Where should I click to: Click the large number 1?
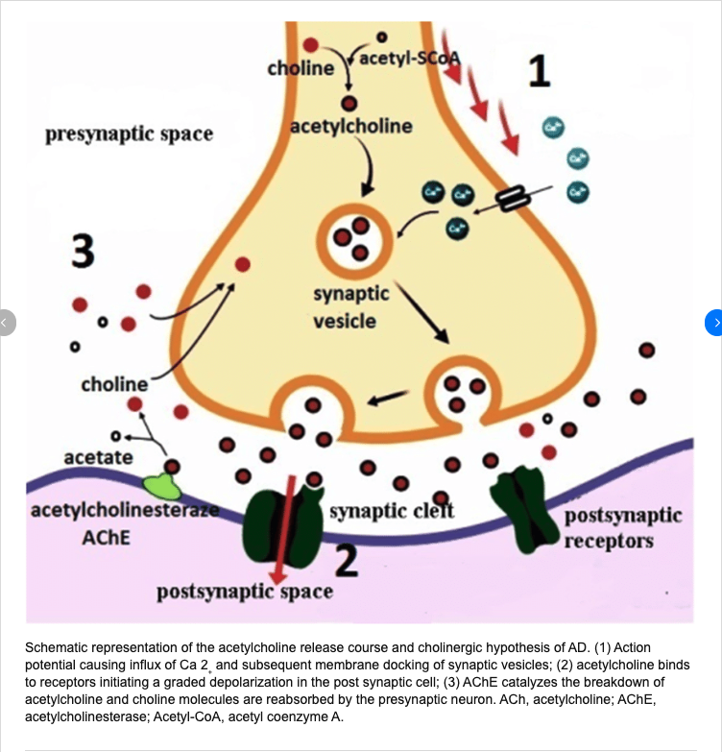tap(540, 71)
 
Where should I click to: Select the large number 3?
tap(84, 253)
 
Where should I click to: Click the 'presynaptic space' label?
tap(129, 133)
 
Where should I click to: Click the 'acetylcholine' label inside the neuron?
tap(351, 127)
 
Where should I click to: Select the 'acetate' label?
tap(98, 457)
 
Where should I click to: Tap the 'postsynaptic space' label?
tap(245, 592)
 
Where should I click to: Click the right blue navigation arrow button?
tap(713, 323)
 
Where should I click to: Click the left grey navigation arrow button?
tap(7, 323)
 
